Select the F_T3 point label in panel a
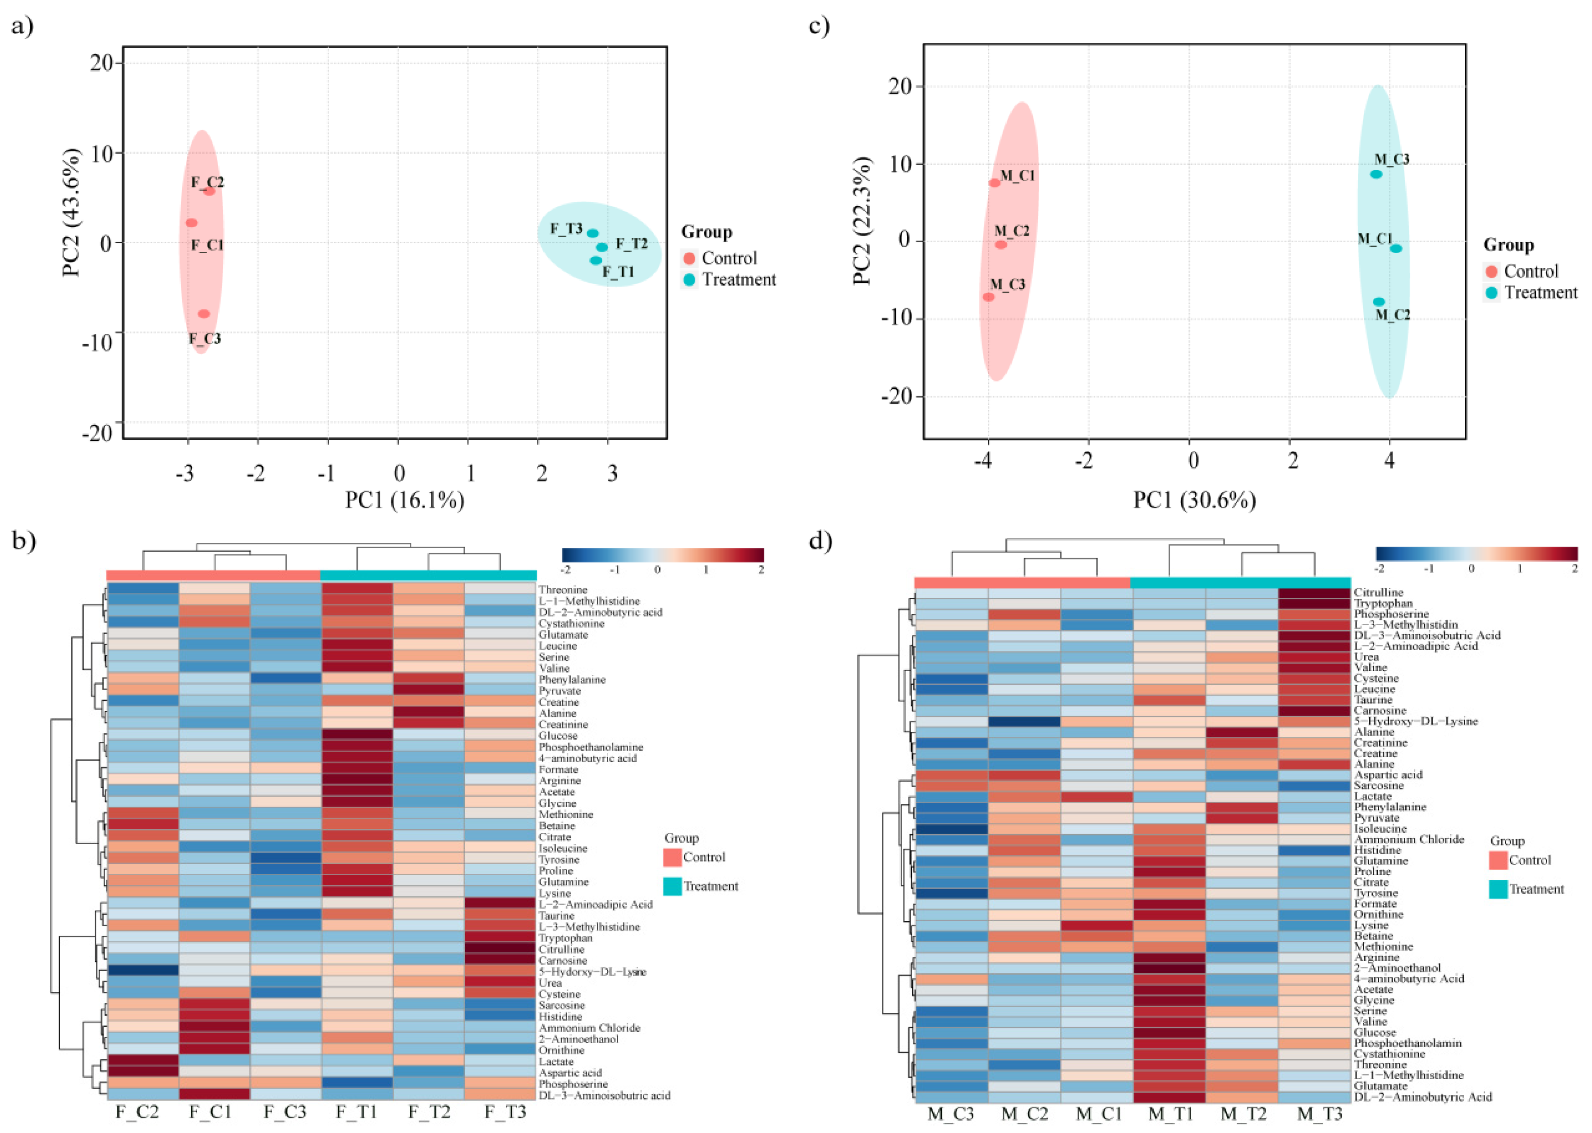point(566,229)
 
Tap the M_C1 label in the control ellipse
point(1018,176)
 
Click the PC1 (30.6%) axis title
point(1194,500)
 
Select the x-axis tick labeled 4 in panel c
point(1390,461)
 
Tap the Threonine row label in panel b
point(562,590)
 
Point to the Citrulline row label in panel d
point(1378,592)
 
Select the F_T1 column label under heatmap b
point(357,1112)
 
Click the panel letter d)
point(820,541)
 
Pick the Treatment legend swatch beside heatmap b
point(672,886)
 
